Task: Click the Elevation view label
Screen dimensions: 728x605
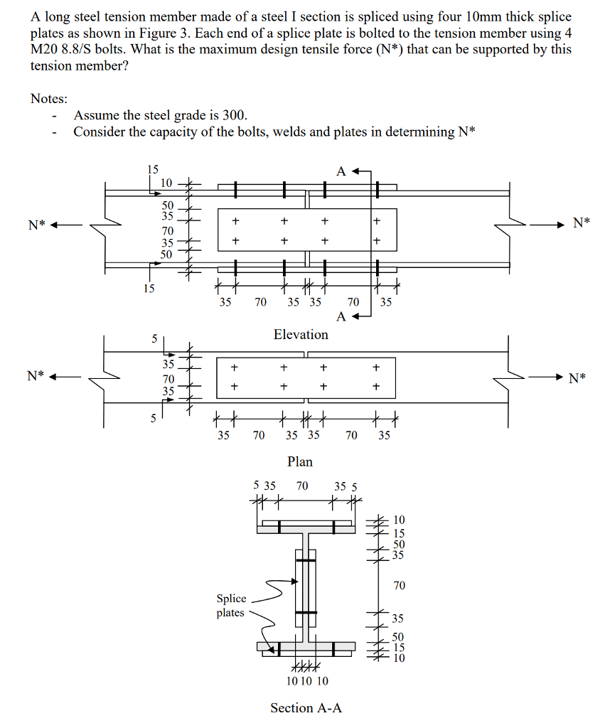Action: click(301, 334)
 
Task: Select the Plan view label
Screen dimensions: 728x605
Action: click(300, 461)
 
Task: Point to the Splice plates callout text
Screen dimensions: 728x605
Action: click(231, 606)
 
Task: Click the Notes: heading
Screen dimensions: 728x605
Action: click(49, 98)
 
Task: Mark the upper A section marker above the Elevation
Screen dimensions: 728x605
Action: click(341, 171)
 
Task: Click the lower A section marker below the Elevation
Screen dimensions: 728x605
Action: click(341, 316)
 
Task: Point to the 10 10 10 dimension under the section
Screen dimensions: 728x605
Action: click(308, 681)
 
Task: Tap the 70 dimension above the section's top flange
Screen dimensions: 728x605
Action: click(303, 486)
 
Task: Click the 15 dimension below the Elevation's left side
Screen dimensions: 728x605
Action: click(149, 288)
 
